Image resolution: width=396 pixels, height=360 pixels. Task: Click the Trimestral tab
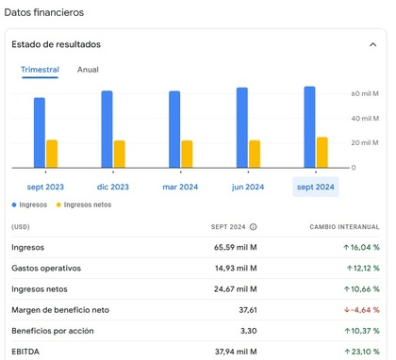40,70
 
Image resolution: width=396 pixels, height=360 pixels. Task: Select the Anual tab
88,70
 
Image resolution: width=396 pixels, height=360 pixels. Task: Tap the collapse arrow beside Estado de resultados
373,44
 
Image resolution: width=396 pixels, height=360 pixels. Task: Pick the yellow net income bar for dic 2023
120,154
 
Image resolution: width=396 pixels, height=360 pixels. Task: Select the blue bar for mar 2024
174,129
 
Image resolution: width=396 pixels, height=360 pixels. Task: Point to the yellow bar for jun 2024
255,154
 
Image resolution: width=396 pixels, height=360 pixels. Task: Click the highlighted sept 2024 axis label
316,187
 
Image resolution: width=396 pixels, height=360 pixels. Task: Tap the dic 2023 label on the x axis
113,187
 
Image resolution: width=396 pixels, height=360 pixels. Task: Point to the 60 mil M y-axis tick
365,94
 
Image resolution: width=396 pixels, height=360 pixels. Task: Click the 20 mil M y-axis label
365,143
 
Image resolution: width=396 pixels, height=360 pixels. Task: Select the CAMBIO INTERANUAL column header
344,227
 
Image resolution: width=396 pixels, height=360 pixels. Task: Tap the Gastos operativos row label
44,269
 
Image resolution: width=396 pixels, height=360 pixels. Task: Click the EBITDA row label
25,352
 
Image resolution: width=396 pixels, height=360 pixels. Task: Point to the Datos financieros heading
43,12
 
